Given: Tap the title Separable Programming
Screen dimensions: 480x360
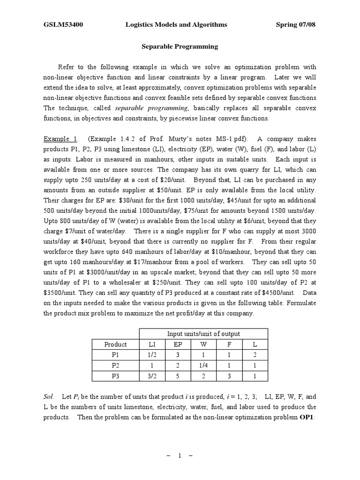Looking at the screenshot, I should pyautogui.click(x=180, y=46).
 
